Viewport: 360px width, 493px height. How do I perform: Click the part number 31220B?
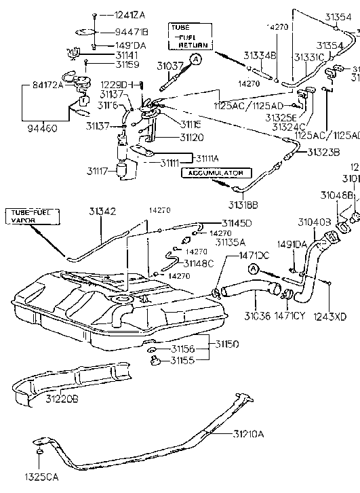point(62,399)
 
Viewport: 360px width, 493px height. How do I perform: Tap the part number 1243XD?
point(329,315)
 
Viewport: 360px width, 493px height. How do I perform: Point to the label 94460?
point(43,127)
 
